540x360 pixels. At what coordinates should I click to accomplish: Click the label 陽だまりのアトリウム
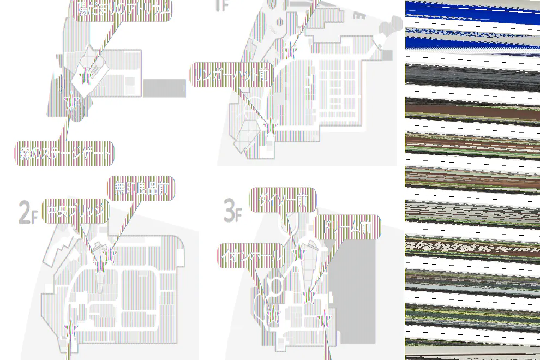coord(123,9)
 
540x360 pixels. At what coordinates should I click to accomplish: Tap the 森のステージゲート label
coord(64,154)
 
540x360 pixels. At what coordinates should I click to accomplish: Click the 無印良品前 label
coord(141,189)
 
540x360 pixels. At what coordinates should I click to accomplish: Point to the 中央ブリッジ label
coord(75,211)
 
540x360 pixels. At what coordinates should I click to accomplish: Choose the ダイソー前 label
coord(283,200)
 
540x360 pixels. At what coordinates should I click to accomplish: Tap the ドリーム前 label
coord(347,227)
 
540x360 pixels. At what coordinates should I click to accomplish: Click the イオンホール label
coord(251,256)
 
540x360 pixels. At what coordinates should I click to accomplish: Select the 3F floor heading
coord(232,211)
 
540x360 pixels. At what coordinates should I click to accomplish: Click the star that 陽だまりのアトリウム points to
coord(85,77)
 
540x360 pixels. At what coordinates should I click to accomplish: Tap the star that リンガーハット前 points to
coord(270,125)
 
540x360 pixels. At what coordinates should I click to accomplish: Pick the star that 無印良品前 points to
coord(110,254)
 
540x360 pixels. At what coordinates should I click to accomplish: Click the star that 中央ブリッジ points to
coord(100,266)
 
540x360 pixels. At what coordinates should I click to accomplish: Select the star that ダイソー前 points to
coord(298,253)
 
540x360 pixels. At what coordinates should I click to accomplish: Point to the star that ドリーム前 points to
coord(309,296)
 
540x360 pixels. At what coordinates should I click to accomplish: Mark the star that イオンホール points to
coord(273,315)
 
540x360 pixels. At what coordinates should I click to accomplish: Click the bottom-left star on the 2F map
coord(71,328)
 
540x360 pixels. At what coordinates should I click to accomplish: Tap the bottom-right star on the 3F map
coord(325,320)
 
